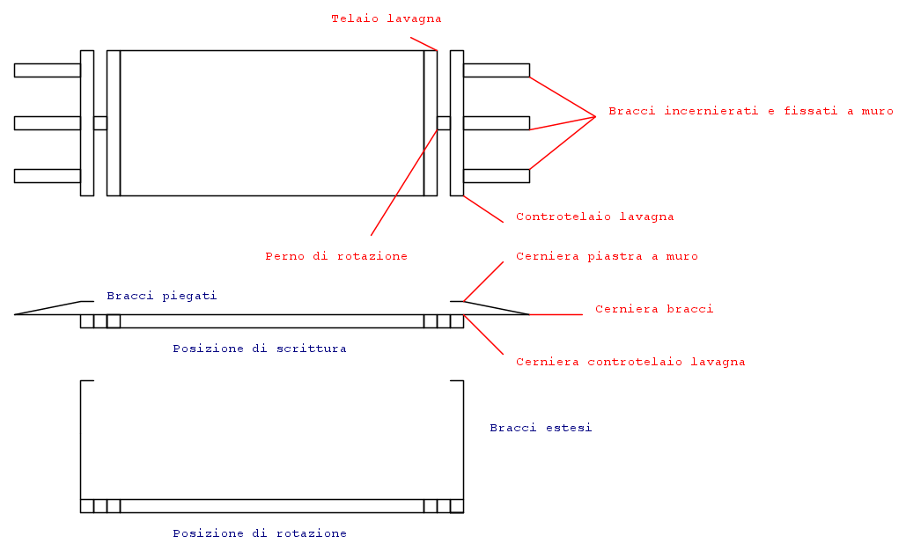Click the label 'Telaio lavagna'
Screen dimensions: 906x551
click(x=386, y=18)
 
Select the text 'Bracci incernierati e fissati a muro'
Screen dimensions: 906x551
click(x=750, y=111)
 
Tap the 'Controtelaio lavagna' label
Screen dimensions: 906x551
click(x=594, y=217)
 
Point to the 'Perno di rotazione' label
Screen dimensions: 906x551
click(x=336, y=256)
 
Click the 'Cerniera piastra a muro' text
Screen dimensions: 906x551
click(x=607, y=256)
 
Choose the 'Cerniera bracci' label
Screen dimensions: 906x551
click(x=654, y=309)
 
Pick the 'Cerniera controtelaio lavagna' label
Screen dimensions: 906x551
click(x=630, y=362)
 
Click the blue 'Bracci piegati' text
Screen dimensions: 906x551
click(x=162, y=296)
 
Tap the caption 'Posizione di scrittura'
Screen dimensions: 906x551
click(x=260, y=349)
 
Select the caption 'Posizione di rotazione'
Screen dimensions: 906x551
click(x=260, y=533)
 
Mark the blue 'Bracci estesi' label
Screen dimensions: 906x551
click(x=541, y=428)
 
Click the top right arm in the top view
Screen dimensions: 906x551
click(x=497, y=70)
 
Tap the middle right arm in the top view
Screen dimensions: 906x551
click(x=497, y=123)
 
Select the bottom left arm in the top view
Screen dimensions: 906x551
click(x=48, y=175)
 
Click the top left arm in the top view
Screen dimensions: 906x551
click(x=48, y=70)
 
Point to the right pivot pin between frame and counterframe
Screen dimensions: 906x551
click(x=444, y=123)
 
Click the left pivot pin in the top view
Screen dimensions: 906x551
click(x=100, y=123)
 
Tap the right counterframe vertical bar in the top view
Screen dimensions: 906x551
click(x=457, y=123)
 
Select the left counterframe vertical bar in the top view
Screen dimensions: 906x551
click(x=86, y=123)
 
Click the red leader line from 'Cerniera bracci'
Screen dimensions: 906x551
click(x=556, y=315)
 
